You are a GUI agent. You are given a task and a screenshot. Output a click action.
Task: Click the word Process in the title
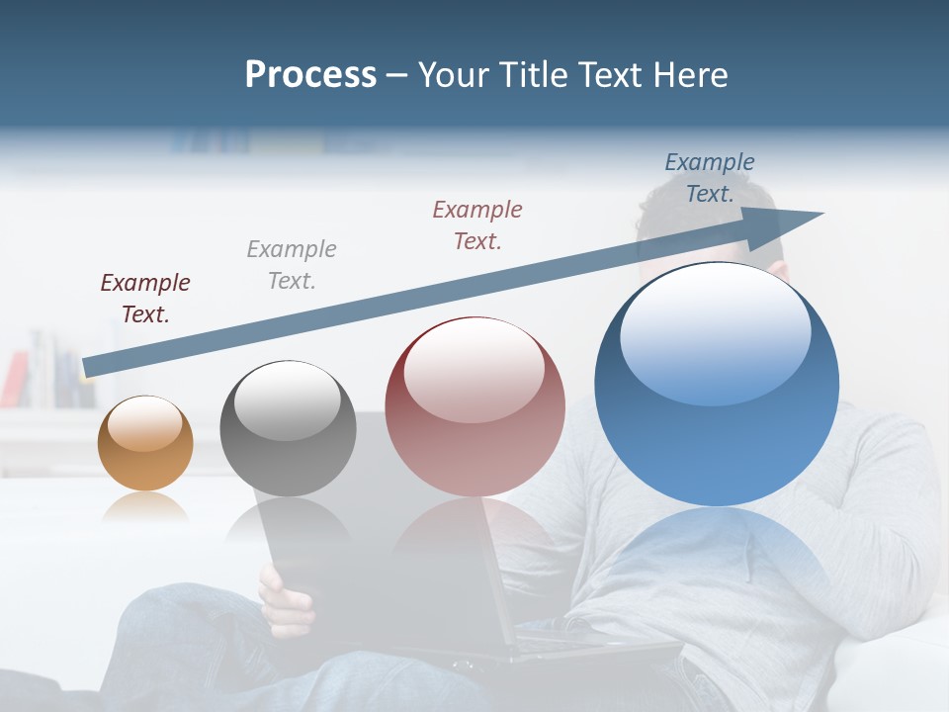click(x=310, y=75)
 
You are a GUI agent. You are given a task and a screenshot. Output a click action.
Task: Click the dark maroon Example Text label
click(x=145, y=299)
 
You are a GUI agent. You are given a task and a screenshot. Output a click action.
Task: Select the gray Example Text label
click(x=292, y=265)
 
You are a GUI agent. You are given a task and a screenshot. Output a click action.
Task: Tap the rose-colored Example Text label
click(x=477, y=224)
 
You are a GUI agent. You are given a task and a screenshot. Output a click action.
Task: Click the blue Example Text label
click(x=710, y=178)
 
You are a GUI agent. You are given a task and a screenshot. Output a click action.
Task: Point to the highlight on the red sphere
click(x=474, y=370)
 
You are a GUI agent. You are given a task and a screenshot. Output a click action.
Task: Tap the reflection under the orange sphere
click(x=145, y=506)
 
